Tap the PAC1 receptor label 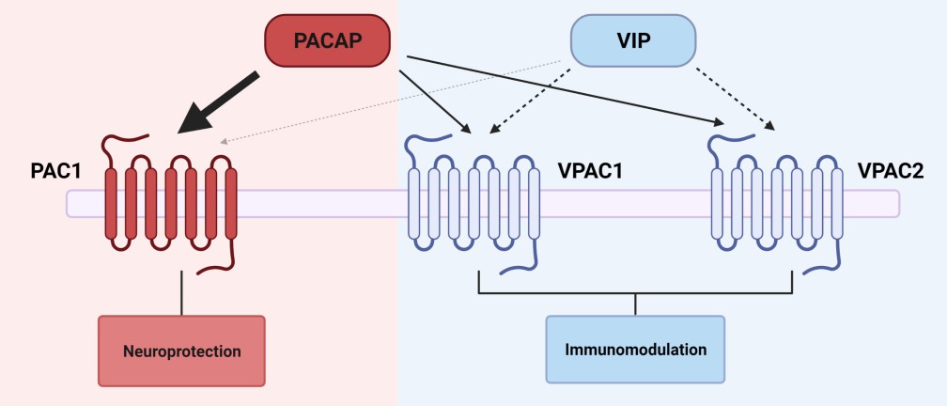pos(56,173)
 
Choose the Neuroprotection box pos(182,351)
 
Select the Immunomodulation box pos(635,350)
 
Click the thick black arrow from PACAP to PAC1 pos(223,101)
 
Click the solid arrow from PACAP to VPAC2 pos(564,89)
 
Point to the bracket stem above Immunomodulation pos(636,304)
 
